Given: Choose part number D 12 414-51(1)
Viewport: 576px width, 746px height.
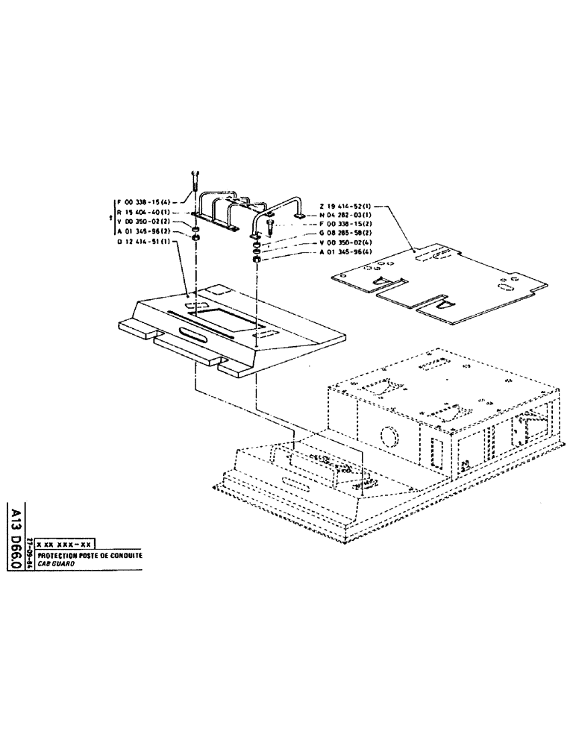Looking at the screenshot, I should point(146,242).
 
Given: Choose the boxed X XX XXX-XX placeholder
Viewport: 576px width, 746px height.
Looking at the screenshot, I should point(67,547).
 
